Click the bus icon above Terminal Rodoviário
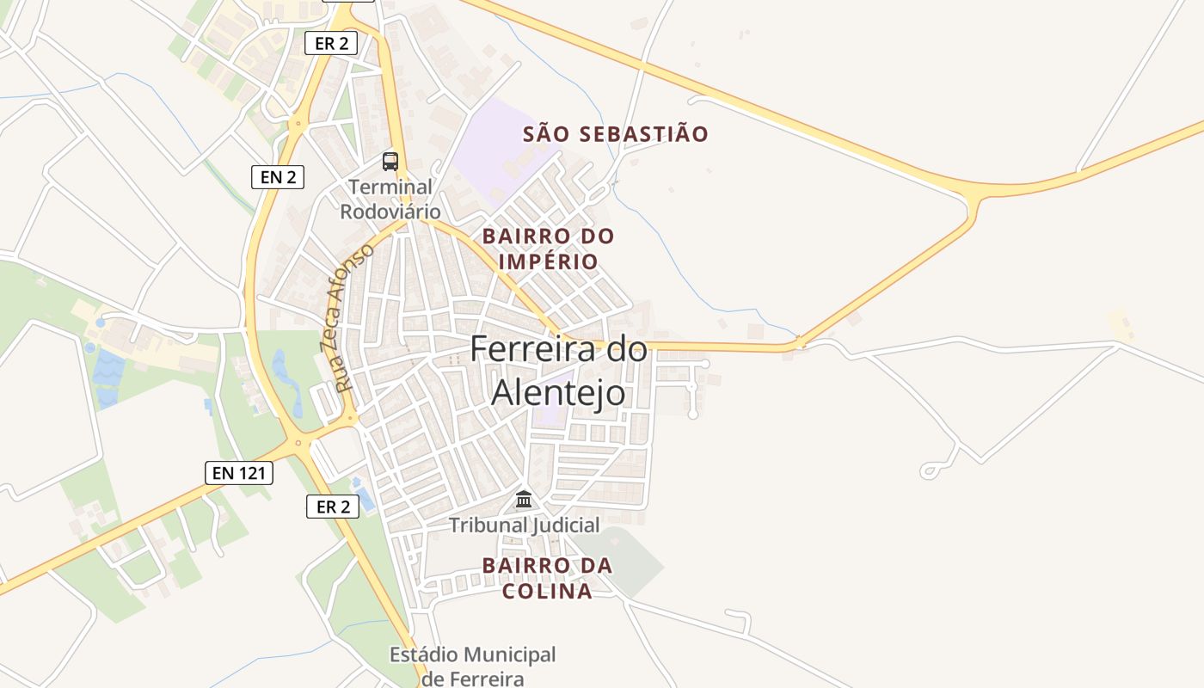[390, 161]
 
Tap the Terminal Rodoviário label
[390, 199]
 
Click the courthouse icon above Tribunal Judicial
[524, 499]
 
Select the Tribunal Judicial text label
[524, 525]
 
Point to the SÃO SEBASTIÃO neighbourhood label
[616, 134]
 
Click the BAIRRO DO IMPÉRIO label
[548, 249]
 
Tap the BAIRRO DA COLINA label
[547, 578]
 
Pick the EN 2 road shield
[278, 177]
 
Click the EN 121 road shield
[239, 472]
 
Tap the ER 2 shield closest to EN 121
[333, 507]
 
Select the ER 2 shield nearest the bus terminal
[331, 43]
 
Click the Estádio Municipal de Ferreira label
[472, 666]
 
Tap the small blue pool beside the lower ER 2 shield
[365, 499]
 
